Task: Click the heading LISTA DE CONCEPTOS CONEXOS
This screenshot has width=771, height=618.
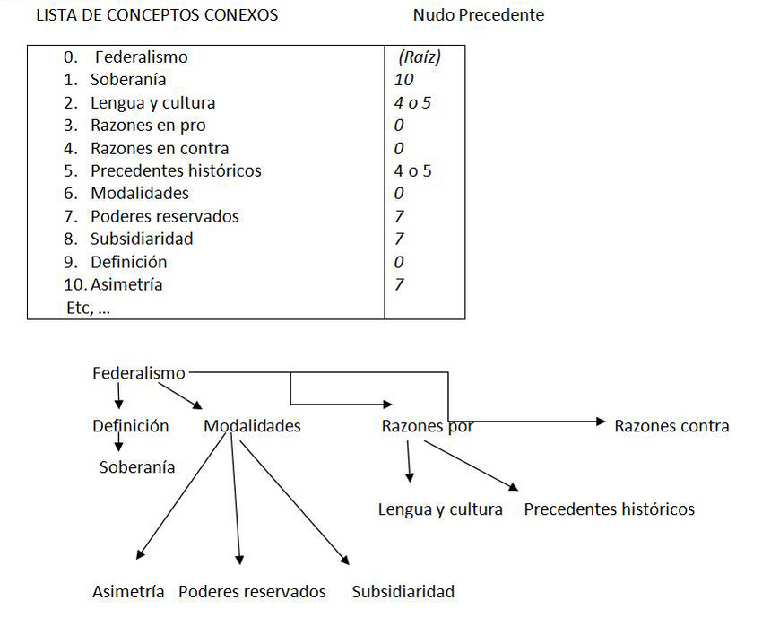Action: [x=156, y=15]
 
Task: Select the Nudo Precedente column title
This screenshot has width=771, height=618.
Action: [x=478, y=15]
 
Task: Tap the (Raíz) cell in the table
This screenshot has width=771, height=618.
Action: [x=419, y=57]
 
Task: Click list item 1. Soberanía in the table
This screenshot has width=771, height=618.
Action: [x=122, y=80]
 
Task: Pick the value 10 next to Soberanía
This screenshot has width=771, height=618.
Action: [x=403, y=80]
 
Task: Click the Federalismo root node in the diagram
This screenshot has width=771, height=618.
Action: [x=139, y=373]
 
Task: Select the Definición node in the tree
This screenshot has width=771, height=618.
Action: [x=130, y=426]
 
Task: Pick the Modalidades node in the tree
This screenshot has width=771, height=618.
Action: [x=252, y=426]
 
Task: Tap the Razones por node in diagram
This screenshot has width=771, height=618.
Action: [x=428, y=426]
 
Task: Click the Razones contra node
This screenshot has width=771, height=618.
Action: [x=671, y=426]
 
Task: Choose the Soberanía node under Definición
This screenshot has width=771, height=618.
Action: [x=137, y=467]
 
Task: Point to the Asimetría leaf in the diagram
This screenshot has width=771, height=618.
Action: [x=128, y=592]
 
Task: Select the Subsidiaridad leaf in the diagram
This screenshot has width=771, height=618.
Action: [x=403, y=592]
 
